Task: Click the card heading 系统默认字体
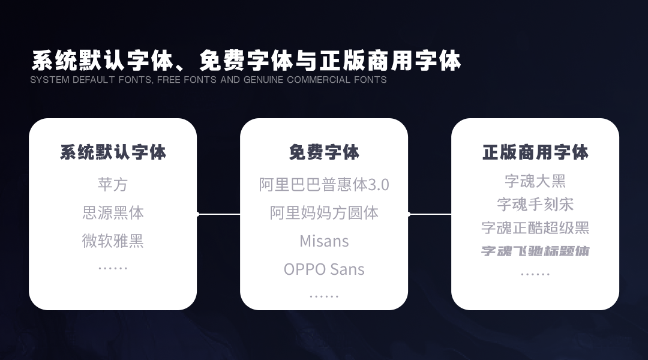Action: [x=113, y=152]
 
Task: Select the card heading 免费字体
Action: [x=324, y=152]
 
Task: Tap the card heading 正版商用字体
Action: [x=535, y=152]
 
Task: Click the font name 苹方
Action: [x=113, y=184]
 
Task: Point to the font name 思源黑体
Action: [x=113, y=212]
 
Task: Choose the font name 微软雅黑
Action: [x=113, y=241]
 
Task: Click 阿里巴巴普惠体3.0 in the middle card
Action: [x=324, y=184]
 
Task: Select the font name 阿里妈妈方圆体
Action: [x=324, y=212]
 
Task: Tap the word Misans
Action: [x=324, y=241]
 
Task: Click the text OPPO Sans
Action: [x=324, y=269]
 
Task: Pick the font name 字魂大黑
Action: [x=535, y=181]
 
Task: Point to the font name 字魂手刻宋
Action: [x=535, y=204]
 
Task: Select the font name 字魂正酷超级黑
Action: [x=535, y=227]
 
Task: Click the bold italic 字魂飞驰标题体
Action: [x=535, y=251]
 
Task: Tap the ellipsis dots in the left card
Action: [x=113, y=268]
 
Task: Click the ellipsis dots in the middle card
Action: [x=324, y=296]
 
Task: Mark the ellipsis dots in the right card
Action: [x=535, y=274]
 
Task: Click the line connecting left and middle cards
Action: [x=218, y=214]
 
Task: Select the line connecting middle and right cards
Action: [x=430, y=214]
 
